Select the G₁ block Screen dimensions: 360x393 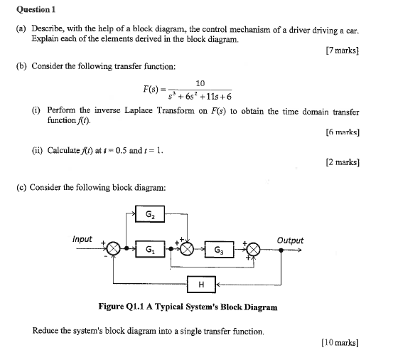pyautogui.click(x=149, y=250)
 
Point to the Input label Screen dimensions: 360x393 pyautogui.click(x=82, y=238)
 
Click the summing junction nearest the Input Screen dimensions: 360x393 pyautogui.click(x=113, y=249)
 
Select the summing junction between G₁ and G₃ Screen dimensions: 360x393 pyautogui.click(x=186, y=249)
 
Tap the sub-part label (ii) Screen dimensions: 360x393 pyautogui.click(x=39, y=150)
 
